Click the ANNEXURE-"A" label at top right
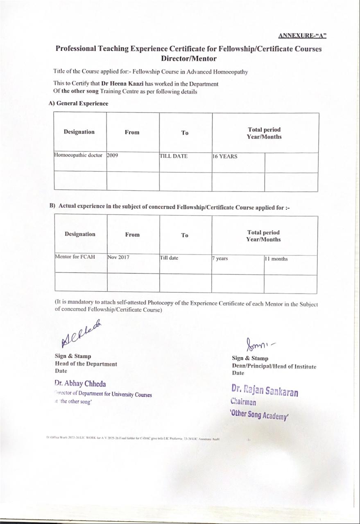[302, 35]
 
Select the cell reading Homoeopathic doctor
[78, 156]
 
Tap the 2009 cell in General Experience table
[113, 156]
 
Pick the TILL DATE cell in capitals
[174, 156]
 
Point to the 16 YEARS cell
[225, 156]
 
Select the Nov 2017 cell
[118, 257]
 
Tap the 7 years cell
[220, 259]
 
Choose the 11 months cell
[276, 259]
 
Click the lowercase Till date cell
[169, 258]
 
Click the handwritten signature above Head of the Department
[81, 334]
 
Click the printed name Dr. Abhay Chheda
[80, 384]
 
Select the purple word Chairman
[243, 402]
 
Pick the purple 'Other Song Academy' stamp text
[260, 414]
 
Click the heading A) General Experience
[78, 104]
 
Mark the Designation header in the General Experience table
[79, 132]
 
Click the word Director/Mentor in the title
[189, 58]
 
